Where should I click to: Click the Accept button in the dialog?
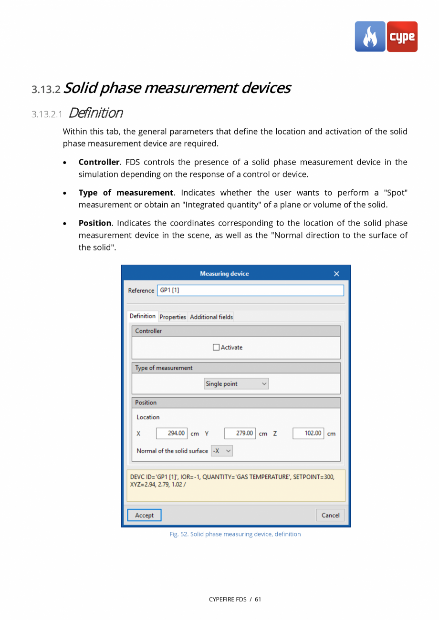(x=144, y=515)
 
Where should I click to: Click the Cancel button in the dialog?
(x=330, y=515)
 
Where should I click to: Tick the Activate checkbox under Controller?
(x=216, y=348)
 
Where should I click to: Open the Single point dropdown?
(x=236, y=384)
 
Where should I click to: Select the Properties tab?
(x=172, y=317)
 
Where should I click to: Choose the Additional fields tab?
(x=211, y=317)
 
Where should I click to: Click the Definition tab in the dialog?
(x=142, y=316)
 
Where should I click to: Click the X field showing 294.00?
(x=172, y=434)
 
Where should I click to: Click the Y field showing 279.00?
(x=240, y=434)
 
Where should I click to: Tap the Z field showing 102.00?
(x=308, y=434)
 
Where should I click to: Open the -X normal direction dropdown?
(x=222, y=451)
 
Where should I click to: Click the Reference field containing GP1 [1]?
(x=251, y=290)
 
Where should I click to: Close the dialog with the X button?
(x=336, y=274)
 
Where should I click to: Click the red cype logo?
(x=402, y=37)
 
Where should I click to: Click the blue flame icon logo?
(x=370, y=37)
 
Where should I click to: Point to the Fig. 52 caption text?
(x=235, y=534)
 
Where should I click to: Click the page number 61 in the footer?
(x=258, y=599)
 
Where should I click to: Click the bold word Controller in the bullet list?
(x=99, y=162)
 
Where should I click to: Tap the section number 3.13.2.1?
(x=47, y=114)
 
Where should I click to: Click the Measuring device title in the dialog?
(x=224, y=274)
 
